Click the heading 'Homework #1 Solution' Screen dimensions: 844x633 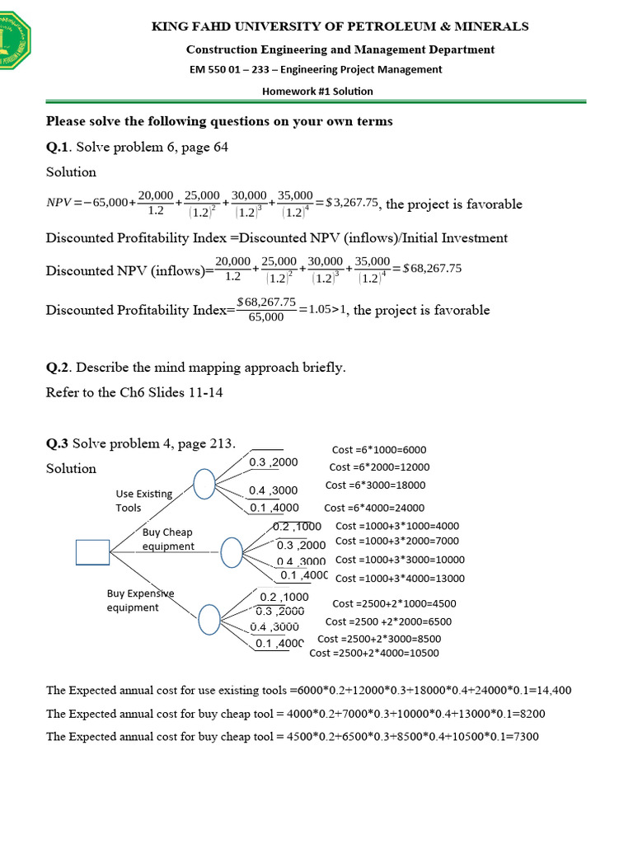(x=317, y=91)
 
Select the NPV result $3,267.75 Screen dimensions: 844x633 (x=353, y=203)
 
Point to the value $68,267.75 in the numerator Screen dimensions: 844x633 (x=265, y=302)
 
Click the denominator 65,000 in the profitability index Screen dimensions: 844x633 (x=265, y=317)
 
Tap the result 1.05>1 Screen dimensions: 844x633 (x=327, y=310)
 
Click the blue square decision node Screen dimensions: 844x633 (x=92, y=551)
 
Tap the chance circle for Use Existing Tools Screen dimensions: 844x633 (x=204, y=484)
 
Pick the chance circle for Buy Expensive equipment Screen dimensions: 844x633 (x=209, y=617)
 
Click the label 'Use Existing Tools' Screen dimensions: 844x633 (x=143, y=500)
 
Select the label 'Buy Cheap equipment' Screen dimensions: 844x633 (x=168, y=539)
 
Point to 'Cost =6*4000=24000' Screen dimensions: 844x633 (x=374, y=508)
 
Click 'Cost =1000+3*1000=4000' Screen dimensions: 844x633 (x=397, y=526)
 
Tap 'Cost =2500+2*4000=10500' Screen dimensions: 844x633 (x=374, y=654)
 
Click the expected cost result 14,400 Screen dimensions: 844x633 (x=553, y=691)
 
